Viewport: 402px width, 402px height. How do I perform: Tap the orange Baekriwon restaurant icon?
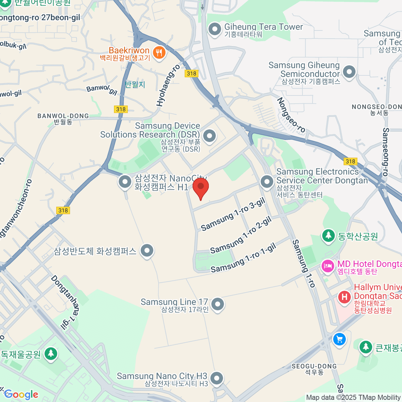[159, 53]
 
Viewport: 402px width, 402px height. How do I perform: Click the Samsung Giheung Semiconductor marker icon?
[349, 72]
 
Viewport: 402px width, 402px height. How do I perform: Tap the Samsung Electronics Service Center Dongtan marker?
[267, 182]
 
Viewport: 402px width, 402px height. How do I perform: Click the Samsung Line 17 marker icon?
[218, 304]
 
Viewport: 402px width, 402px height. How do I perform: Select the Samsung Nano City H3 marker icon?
[217, 378]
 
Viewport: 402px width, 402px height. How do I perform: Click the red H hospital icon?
[344, 297]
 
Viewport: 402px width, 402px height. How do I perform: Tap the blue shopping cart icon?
[339, 339]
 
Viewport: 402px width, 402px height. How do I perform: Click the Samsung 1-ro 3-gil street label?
[233, 214]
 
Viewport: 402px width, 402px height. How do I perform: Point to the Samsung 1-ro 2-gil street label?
[241, 235]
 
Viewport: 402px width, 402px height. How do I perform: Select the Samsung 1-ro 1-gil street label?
[243, 258]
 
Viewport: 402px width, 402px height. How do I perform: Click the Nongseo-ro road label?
[291, 116]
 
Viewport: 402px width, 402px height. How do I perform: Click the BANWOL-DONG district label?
[63, 116]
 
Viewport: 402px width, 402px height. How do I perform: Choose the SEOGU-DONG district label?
[314, 366]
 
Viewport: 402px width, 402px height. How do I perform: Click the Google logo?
[21, 395]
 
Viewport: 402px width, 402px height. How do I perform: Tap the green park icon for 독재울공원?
[51, 353]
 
